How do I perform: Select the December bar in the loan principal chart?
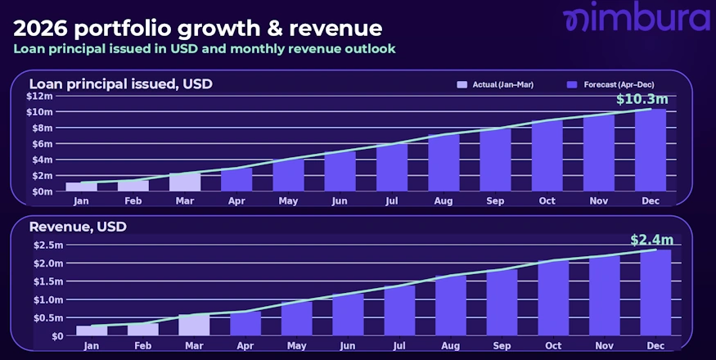click(651, 151)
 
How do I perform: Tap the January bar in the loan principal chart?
click(81, 187)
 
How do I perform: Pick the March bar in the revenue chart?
click(195, 325)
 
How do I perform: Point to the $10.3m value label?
click(642, 100)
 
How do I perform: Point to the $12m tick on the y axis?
click(39, 97)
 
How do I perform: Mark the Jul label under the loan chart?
click(392, 200)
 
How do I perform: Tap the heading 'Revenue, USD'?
click(78, 227)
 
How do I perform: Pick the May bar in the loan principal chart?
click(287, 174)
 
